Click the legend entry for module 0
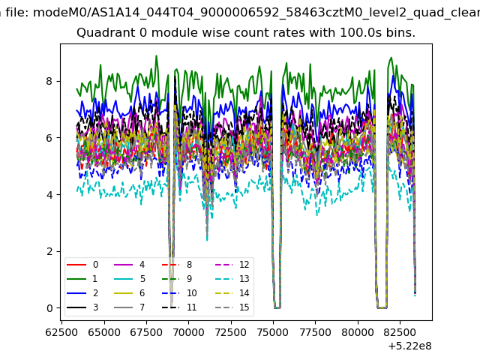point(82,265)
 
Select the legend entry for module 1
point(82,278)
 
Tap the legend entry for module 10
point(179,293)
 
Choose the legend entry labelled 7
point(130,307)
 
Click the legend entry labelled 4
point(130,265)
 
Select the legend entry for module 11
point(179,307)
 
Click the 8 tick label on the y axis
point(49,81)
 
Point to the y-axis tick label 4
point(49,195)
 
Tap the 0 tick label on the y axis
point(49,308)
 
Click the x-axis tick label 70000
point(188,332)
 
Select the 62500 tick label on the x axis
point(61,332)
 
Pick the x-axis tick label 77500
point(315,332)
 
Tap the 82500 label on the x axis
point(400,332)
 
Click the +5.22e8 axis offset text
point(409,346)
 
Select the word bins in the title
point(400,32)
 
